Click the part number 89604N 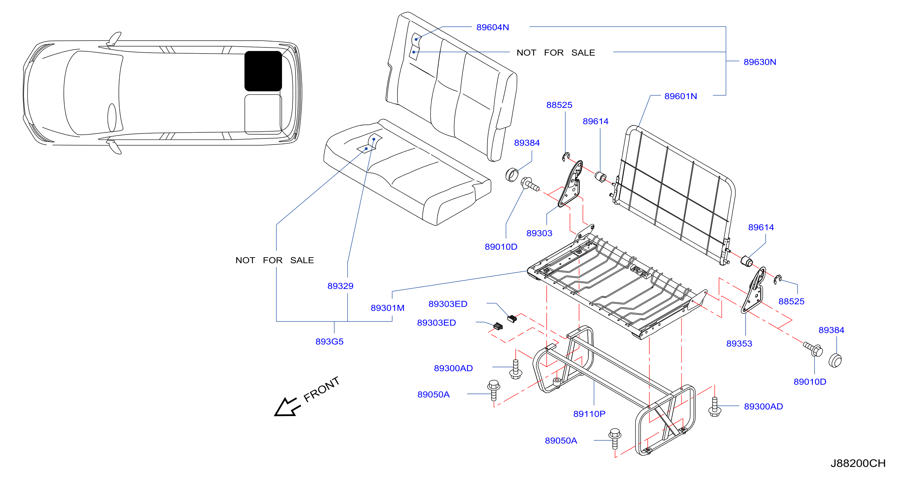[492, 27]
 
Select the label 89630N [760, 62]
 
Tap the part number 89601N [680, 96]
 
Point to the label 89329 [340, 286]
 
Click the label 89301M [388, 308]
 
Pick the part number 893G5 [329, 341]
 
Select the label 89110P [589, 414]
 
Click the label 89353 [739, 343]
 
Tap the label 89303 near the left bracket [539, 233]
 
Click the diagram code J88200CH [858, 463]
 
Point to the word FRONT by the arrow [321, 389]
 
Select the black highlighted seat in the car [263, 71]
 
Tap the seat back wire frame [674, 195]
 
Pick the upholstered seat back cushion [451, 87]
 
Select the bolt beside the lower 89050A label [615, 438]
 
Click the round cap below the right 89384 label [835, 360]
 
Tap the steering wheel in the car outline [112, 117]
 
